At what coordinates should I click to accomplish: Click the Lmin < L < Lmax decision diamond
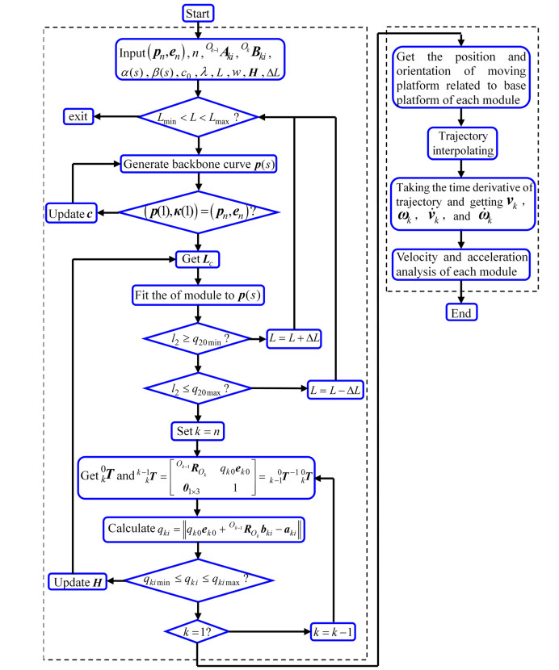[198, 118]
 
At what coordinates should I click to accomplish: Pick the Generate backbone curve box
[198, 164]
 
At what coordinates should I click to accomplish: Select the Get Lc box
[198, 259]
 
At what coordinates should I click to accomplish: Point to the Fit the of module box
[198, 294]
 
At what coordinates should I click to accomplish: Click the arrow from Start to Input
[198, 31]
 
